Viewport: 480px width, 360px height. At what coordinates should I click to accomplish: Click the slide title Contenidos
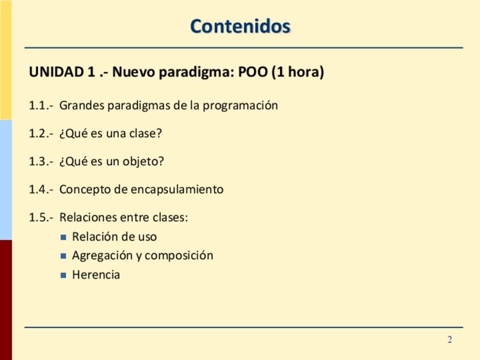(241, 26)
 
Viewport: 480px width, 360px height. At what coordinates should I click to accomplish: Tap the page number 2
(449, 340)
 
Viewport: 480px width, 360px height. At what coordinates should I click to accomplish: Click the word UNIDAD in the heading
(57, 72)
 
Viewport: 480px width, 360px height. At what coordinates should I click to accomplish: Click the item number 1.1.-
(41, 105)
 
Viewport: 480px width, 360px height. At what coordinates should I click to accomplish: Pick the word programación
(241, 106)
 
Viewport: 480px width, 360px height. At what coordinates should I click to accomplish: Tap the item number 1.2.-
(41, 134)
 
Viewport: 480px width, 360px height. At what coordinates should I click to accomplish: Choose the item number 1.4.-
(41, 190)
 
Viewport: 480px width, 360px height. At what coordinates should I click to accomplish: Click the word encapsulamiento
(177, 190)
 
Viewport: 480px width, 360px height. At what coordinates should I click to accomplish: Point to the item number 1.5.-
(41, 217)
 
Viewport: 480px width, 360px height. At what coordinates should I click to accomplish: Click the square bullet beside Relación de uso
(63, 237)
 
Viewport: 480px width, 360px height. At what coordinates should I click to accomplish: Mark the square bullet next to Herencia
(63, 275)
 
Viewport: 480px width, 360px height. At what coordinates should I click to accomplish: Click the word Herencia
(96, 275)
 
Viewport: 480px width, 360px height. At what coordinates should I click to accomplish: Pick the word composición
(179, 256)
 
